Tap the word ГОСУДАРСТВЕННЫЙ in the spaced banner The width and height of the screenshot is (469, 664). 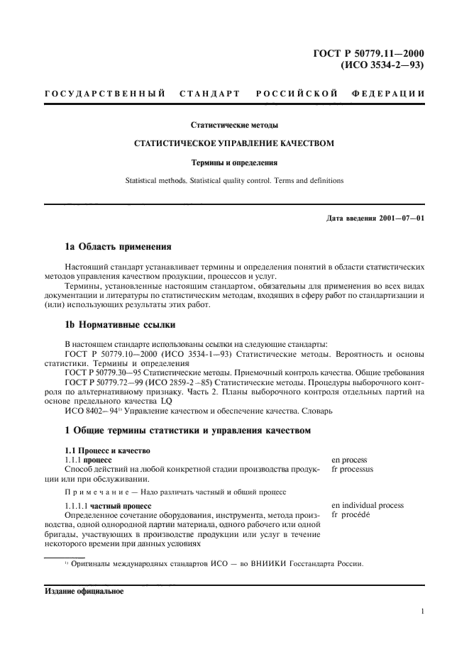(105, 94)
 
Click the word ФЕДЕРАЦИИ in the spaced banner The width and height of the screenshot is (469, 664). (388, 94)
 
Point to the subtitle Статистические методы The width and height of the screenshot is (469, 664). (234, 125)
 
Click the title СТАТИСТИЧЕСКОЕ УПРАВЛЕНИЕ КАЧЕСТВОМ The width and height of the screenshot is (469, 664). (234, 143)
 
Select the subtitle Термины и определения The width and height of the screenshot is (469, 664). (234, 162)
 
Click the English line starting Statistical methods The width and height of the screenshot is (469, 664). (234, 180)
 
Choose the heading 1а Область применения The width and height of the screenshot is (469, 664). (118, 248)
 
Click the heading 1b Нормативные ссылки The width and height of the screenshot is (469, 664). (118, 326)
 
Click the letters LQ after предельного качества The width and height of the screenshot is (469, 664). (167, 400)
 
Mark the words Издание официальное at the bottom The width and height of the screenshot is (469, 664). (84, 590)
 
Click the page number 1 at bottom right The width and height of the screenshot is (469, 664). (422, 611)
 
